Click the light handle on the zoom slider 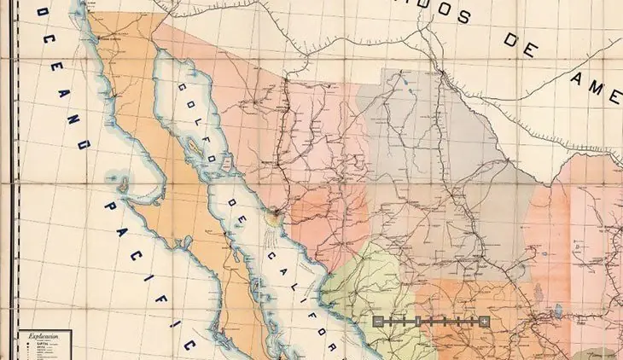click(x=485, y=321)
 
